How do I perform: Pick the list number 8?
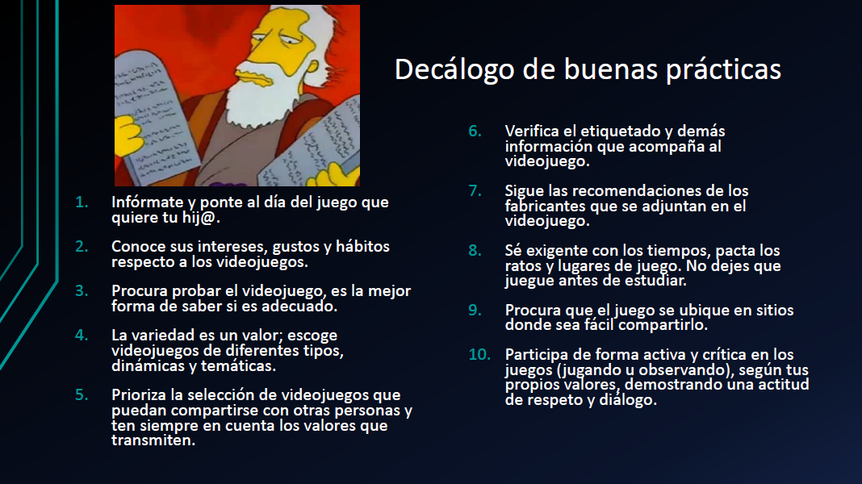click(x=475, y=250)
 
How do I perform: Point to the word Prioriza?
click(x=140, y=394)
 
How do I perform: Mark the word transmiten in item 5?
click(x=153, y=440)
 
